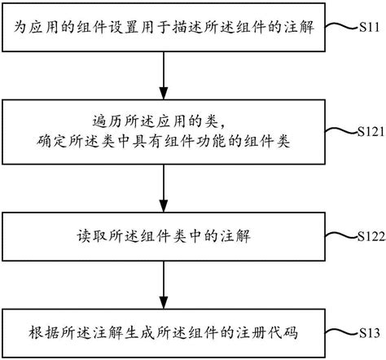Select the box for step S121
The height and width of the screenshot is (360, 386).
166,134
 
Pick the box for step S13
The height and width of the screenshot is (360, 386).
166,333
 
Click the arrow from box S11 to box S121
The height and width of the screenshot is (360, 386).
166,74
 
